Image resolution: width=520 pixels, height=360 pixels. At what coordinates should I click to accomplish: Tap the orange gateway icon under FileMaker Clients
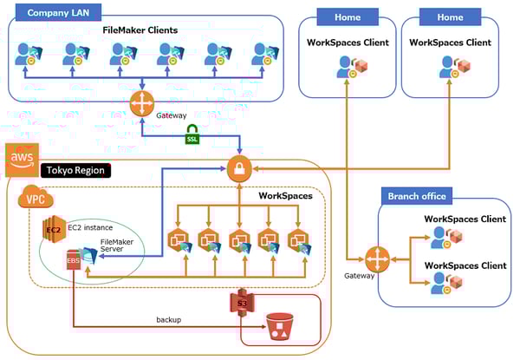tap(141, 103)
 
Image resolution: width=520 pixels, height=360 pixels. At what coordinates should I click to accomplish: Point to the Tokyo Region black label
tap(73, 171)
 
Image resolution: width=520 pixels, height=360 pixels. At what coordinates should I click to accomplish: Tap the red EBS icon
tap(74, 260)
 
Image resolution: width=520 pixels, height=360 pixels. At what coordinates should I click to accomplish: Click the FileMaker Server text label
tap(117, 246)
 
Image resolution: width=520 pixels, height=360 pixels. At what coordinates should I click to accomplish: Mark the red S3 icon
tap(239, 303)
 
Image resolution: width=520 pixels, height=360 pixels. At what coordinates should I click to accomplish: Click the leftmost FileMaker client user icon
tap(25, 55)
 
